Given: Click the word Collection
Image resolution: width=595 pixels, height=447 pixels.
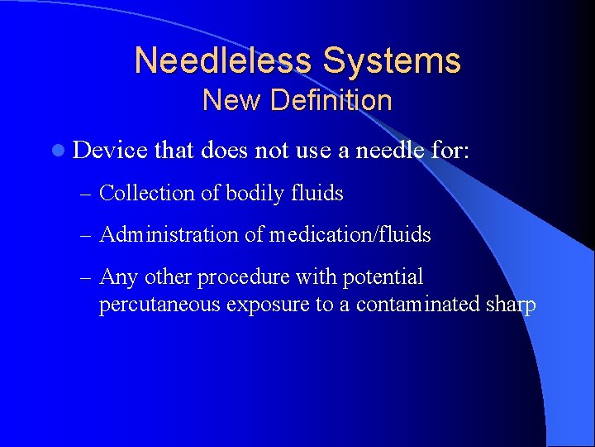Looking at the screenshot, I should pos(145,193).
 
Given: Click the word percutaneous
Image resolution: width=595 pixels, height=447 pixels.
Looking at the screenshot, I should pos(159,305).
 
